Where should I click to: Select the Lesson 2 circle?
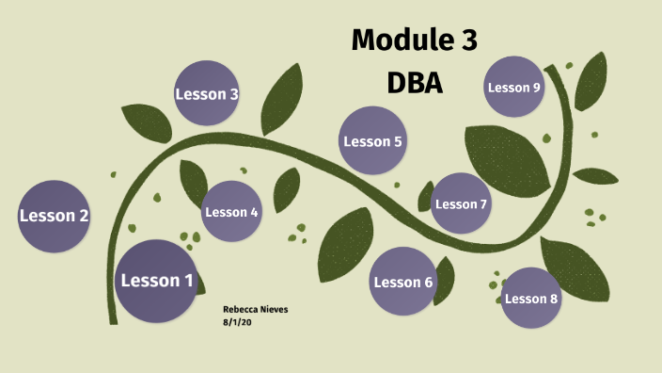55,216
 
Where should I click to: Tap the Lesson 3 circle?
207,93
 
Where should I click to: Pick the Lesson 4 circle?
231,212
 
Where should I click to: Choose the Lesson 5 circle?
372,141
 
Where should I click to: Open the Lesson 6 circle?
402,282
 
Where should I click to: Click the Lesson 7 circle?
461,204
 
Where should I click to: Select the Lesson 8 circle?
531,299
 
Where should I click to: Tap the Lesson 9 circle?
513,88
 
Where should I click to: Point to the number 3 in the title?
467,41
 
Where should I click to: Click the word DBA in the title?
415,83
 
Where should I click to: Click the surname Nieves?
275,309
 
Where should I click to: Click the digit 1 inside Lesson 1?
188,281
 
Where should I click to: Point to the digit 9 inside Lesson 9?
536,88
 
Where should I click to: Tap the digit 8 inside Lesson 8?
554,299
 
